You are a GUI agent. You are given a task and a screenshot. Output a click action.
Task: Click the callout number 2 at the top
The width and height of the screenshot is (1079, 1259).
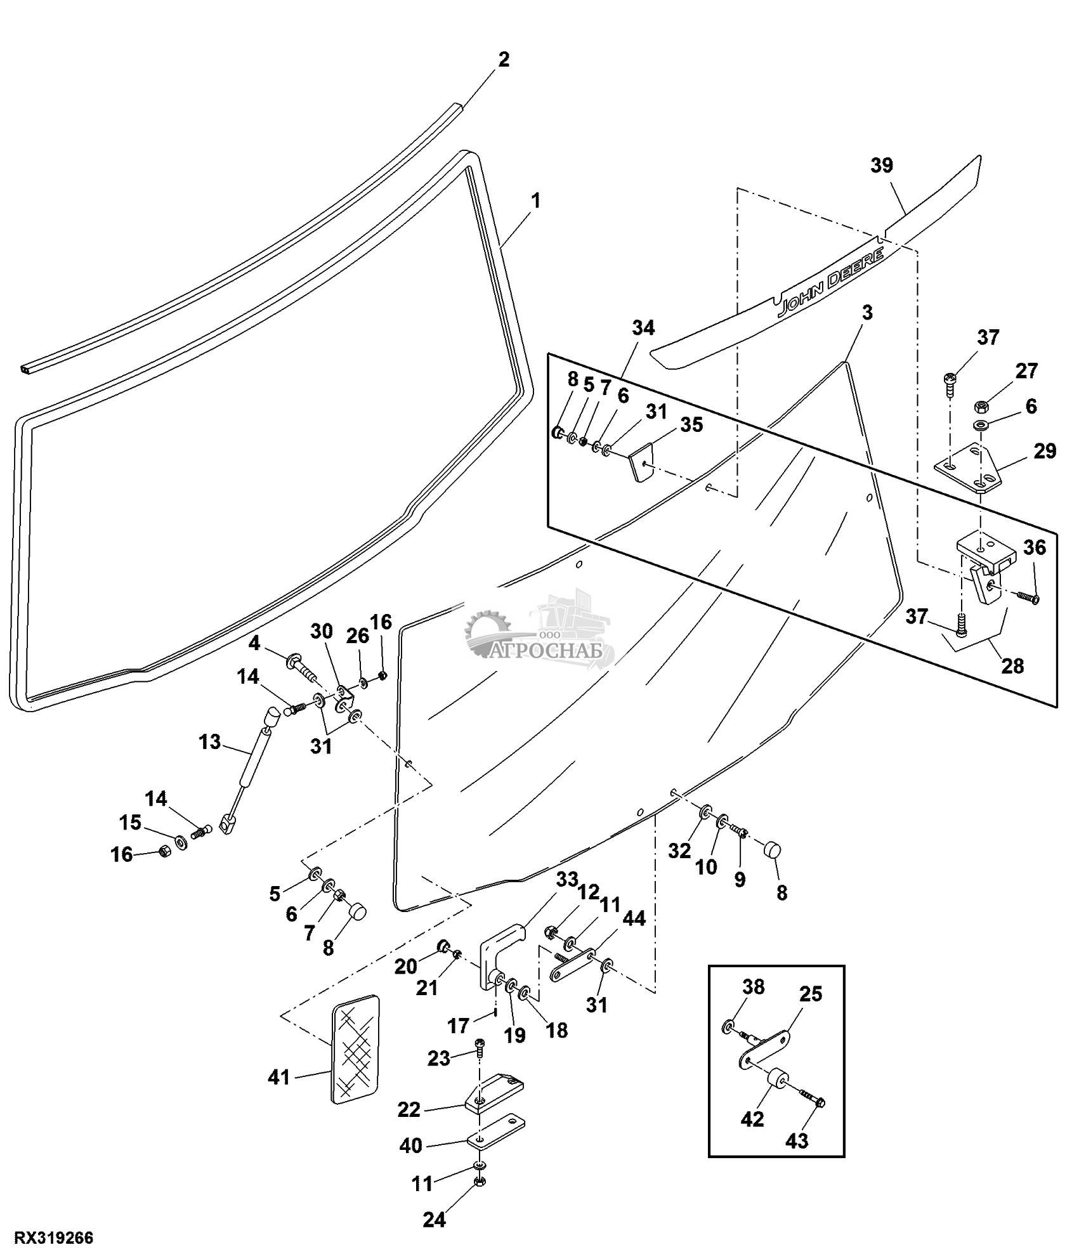tap(503, 60)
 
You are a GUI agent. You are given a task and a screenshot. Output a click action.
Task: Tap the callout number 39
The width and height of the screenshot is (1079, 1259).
tap(882, 166)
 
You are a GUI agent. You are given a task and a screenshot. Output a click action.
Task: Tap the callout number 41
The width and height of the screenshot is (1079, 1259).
tap(278, 1076)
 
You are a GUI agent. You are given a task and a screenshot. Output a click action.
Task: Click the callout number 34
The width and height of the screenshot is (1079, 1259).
tap(643, 328)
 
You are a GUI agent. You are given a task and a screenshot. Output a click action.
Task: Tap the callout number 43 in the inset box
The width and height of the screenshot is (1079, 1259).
tap(797, 1140)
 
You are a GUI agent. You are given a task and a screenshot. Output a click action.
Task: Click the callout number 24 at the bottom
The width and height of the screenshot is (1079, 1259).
tap(435, 1219)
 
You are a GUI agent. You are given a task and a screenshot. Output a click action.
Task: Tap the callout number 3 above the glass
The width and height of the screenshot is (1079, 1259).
tap(866, 313)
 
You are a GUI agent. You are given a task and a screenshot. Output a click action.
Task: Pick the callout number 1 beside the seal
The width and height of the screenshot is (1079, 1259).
tap(535, 202)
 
